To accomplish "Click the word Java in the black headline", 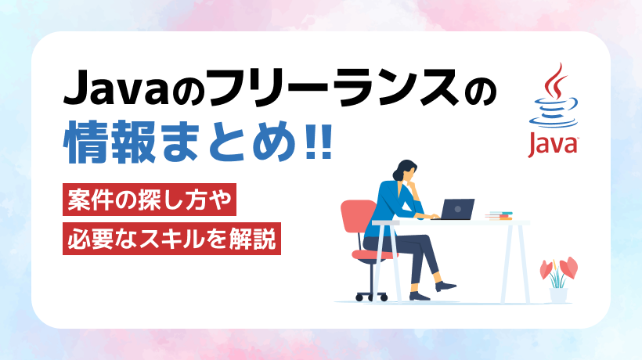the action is coord(116,87).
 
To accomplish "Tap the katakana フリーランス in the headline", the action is coord(334,87).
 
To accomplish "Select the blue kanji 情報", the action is coord(110,142).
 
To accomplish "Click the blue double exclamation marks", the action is coord(319,141).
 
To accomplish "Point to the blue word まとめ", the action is coord(229,142).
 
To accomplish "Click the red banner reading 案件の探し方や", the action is coord(150,200).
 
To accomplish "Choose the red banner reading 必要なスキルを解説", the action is coord(171,239).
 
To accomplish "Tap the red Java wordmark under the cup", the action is coord(552,143).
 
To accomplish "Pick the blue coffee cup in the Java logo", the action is coord(554,113).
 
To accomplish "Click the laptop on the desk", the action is coord(454,210).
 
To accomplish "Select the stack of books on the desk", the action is coord(499,216).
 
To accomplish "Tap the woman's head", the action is coord(405,170).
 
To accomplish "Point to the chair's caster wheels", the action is coord(371,297).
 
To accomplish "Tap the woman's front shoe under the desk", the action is coord(445,286).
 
